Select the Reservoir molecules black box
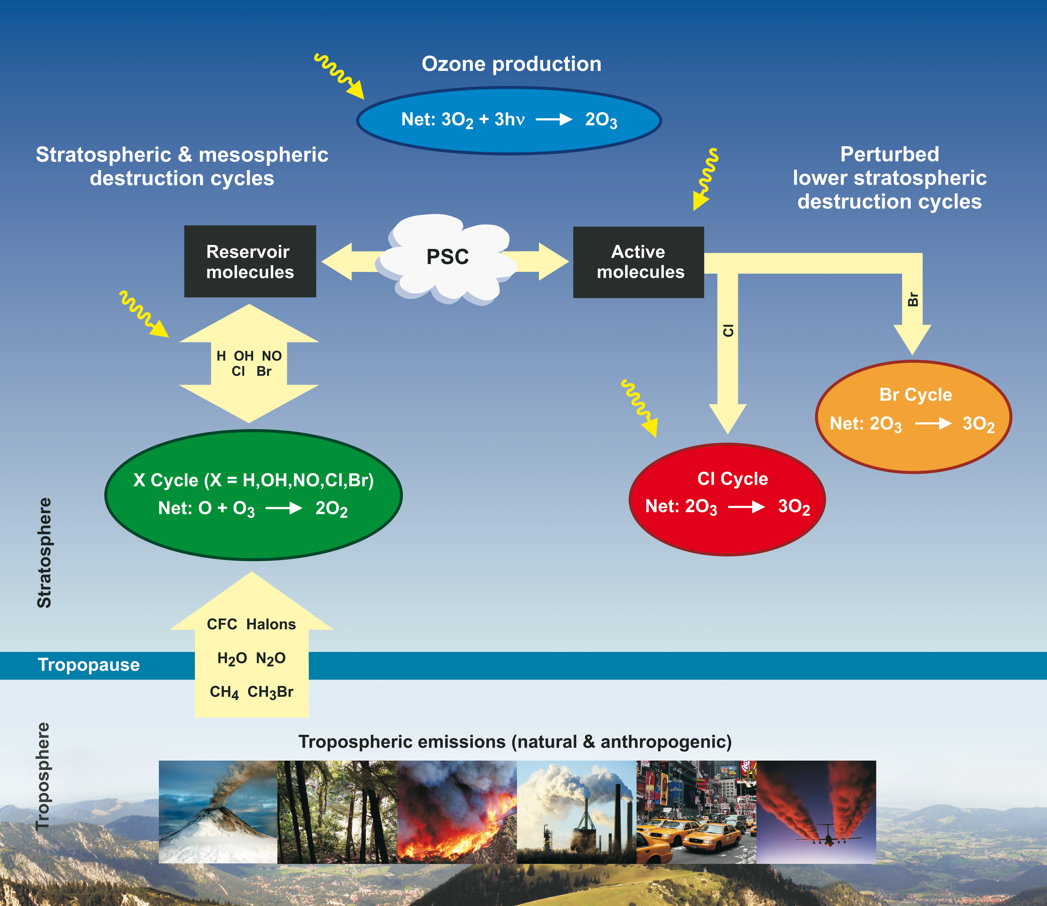point(250,261)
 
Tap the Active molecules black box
point(638,262)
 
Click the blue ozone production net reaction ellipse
point(509,120)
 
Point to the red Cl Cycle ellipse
point(727,499)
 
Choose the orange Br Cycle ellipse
point(913,417)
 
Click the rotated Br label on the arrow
point(912,299)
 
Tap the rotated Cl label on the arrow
point(728,331)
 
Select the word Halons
point(271,624)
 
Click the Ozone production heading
point(511,64)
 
